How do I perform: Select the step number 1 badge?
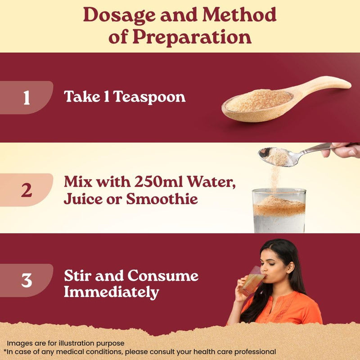[x=27, y=98]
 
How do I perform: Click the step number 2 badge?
[x=27, y=190]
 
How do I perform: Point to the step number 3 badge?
[x=27, y=280]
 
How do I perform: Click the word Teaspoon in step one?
[x=149, y=97]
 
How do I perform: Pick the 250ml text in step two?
[x=158, y=182]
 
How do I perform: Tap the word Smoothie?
[x=162, y=198]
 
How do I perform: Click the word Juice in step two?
[x=83, y=198]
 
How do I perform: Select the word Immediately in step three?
[x=112, y=292]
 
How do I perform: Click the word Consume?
[x=163, y=275]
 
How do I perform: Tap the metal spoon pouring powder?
[x=296, y=154]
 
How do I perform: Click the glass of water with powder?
[x=279, y=211]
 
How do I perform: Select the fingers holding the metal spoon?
[x=342, y=150]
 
